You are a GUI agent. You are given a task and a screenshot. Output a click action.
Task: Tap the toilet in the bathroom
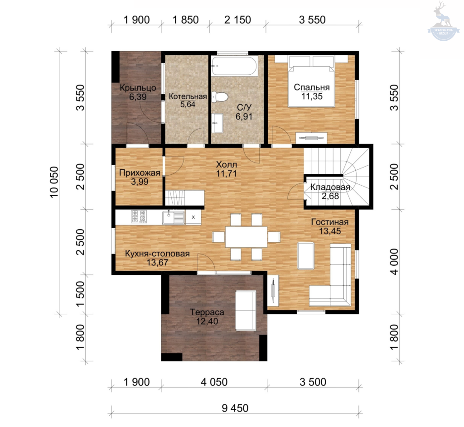click(220, 97)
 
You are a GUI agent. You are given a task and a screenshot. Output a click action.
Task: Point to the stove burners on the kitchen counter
click(139, 216)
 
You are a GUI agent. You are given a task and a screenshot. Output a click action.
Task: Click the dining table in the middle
click(246, 237)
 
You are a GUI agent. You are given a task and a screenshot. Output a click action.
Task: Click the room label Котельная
click(188, 96)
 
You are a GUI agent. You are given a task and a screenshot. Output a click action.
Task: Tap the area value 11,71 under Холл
click(227, 173)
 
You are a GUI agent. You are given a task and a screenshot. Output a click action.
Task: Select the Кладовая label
click(330, 187)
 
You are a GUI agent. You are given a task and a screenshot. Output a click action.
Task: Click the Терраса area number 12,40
click(207, 321)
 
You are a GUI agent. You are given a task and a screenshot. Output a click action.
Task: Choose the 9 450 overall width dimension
click(235, 408)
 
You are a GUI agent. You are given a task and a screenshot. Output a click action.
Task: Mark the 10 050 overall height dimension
click(54, 182)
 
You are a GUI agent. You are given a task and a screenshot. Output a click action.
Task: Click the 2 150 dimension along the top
click(237, 20)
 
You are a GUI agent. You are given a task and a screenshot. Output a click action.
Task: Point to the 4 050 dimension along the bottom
click(214, 382)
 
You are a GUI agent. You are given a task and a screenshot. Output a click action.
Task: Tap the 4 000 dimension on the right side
click(395, 261)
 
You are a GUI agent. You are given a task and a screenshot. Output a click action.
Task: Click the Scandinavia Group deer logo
click(443, 21)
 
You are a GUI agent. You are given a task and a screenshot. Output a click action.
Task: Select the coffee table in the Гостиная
click(306, 256)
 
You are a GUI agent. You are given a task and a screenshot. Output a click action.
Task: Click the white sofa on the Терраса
click(246, 310)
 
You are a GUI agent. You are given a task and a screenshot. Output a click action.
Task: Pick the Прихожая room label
click(140, 173)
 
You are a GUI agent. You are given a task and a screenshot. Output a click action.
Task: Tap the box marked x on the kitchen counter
click(193, 217)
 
